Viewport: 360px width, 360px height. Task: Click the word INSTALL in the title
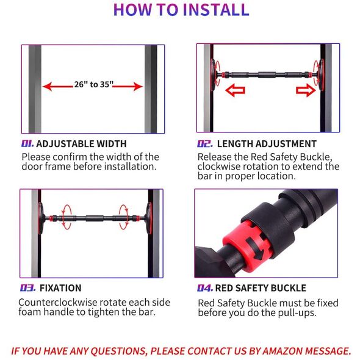(215, 10)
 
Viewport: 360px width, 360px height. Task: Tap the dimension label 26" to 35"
(94, 84)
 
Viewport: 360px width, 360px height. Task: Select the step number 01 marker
(27, 144)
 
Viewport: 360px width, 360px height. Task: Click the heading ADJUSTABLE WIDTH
(81, 144)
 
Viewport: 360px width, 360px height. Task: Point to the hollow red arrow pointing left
(235, 90)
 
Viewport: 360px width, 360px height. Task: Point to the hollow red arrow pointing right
(306, 90)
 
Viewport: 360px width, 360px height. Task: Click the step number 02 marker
(205, 144)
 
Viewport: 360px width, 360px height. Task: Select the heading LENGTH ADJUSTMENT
(267, 144)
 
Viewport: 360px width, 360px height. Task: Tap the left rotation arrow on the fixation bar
(67, 217)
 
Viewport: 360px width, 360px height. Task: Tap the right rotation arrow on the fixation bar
(123, 217)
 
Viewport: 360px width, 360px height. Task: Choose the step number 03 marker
(27, 288)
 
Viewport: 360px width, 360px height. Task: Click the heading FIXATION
(60, 288)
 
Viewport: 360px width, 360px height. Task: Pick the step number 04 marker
(205, 288)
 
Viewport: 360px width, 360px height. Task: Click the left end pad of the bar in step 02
(214, 75)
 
